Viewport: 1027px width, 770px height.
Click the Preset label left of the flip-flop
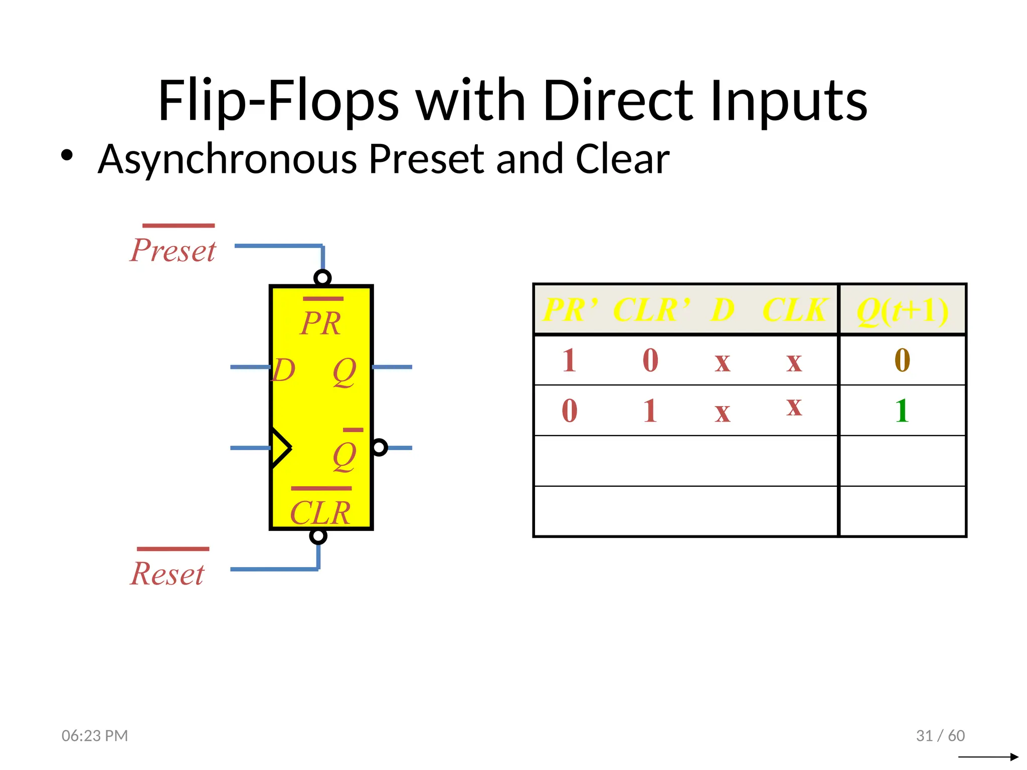tap(173, 250)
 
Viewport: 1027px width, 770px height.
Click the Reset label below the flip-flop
tap(167, 573)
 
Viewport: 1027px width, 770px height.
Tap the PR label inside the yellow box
tap(321, 323)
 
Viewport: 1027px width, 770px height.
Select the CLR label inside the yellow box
tap(320, 513)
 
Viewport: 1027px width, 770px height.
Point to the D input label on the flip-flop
tap(284, 370)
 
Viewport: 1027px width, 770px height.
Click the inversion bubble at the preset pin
tap(322, 278)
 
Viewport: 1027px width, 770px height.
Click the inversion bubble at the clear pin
tap(318, 536)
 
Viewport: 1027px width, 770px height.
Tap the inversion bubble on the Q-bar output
tap(379, 447)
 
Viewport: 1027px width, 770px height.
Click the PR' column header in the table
tap(571, 310)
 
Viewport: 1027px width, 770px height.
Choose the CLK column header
tap(795, 310)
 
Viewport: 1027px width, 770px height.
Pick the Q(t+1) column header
tap(902, 311)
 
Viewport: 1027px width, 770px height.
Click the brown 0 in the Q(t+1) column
tap(902, 360)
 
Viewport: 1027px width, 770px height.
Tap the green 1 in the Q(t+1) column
tap(902, 411)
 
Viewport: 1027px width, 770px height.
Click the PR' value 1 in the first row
tap(569, 360)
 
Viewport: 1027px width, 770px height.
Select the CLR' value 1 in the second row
tap(650, 411)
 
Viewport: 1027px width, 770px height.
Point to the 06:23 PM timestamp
tap(95, 735)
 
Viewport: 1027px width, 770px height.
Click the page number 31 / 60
tap(940, 735)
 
